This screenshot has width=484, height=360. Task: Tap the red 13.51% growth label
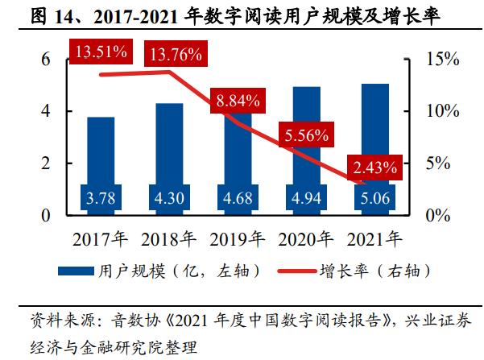[101, 52]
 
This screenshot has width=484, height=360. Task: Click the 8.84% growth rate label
[238, 101]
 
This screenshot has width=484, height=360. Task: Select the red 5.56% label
[305, 136]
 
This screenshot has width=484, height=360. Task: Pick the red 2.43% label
[373, 168]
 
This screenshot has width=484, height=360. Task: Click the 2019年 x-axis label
[238, 239]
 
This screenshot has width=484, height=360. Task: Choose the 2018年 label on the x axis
[169, 239]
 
